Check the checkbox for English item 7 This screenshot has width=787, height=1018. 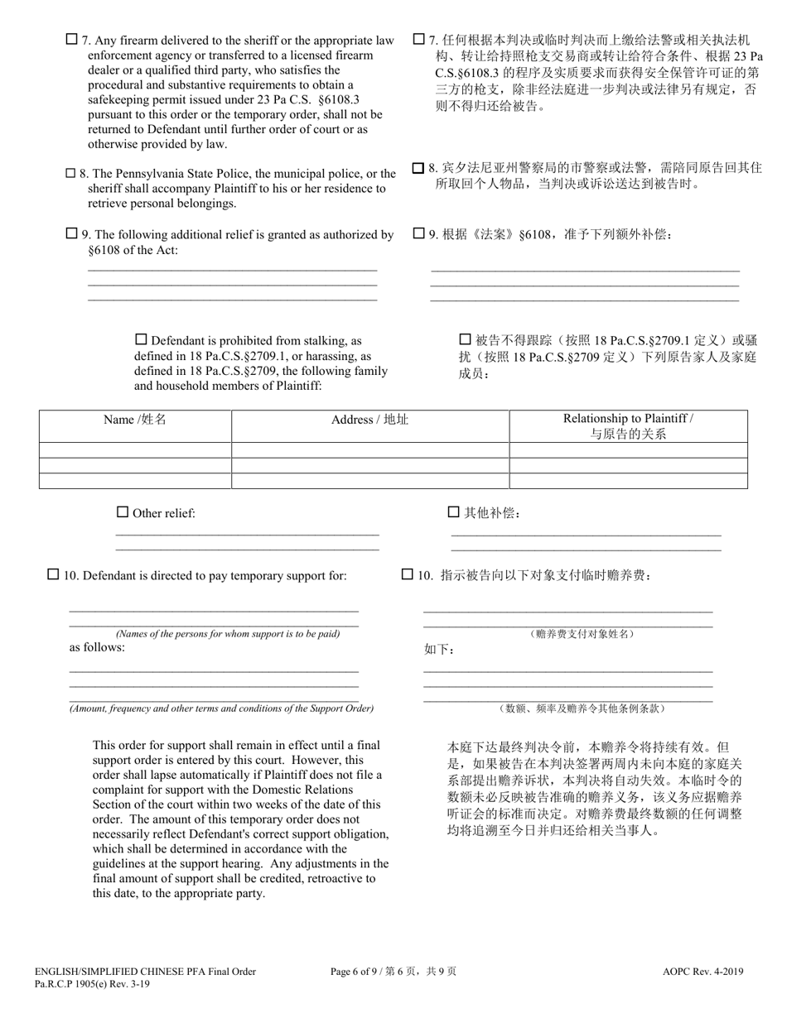coord(71,39)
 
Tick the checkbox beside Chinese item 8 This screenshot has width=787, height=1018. coord(418,168)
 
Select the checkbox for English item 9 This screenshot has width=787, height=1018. coord(71,233)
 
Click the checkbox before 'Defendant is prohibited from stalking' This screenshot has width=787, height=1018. coord(141,339)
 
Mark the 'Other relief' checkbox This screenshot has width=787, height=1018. coord(123,512)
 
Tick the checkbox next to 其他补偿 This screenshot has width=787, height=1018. coord(453,512)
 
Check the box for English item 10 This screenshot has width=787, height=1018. coord(53,574)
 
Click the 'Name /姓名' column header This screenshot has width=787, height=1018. coord(135,420)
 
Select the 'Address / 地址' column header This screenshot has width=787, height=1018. coord(369,420)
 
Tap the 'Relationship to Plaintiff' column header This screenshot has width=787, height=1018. coord(628,425)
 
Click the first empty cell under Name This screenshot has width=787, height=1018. coord(135,450)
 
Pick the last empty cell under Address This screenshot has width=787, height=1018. coord(369,481)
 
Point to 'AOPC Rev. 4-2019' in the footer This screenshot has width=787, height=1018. coord(705,972)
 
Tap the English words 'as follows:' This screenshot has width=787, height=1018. coord(97,647)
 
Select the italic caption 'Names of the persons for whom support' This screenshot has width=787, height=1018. coord(228,634)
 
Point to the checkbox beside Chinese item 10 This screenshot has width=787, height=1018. coord(407,574)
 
